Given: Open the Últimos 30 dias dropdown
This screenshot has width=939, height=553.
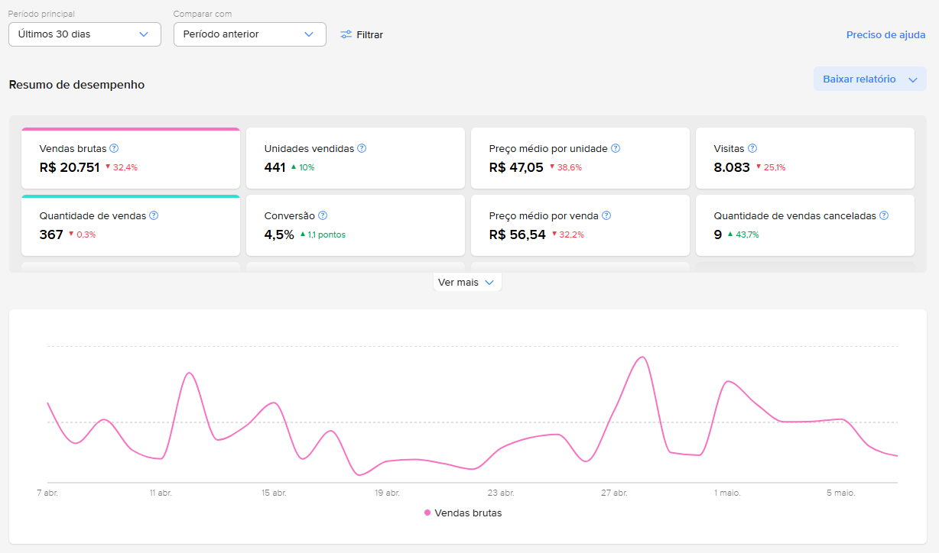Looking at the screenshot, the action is click(85, 34).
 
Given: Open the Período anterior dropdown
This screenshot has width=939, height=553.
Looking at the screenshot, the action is click(250, 34).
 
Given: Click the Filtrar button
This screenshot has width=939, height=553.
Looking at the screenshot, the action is click(362, 34).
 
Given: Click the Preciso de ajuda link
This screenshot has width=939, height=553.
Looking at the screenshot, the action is click(885, 34).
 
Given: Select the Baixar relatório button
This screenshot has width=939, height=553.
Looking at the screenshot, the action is click(870, 79).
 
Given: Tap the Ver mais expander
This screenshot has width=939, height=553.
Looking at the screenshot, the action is click(467, 283).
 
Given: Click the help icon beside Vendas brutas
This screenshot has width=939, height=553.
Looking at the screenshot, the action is click(114, 148).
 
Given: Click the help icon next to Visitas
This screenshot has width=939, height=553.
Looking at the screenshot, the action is click(752, 148).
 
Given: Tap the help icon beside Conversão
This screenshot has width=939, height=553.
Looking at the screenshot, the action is click(323, 215).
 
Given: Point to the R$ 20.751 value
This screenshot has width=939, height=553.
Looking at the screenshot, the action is click(70, 167).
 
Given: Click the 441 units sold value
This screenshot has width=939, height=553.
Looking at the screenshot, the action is click(275, 167).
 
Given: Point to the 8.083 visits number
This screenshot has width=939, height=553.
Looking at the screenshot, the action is click(732, 167).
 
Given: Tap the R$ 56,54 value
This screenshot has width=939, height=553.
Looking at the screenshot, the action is click(517, 234).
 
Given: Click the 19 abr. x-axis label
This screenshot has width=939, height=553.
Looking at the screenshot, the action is click(388, 493).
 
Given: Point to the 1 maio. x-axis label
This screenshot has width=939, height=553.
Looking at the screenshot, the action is click(727, 493).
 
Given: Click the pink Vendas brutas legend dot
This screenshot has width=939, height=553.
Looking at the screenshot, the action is click(427, 513).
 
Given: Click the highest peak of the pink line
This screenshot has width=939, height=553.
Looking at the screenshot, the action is click(642, 357).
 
